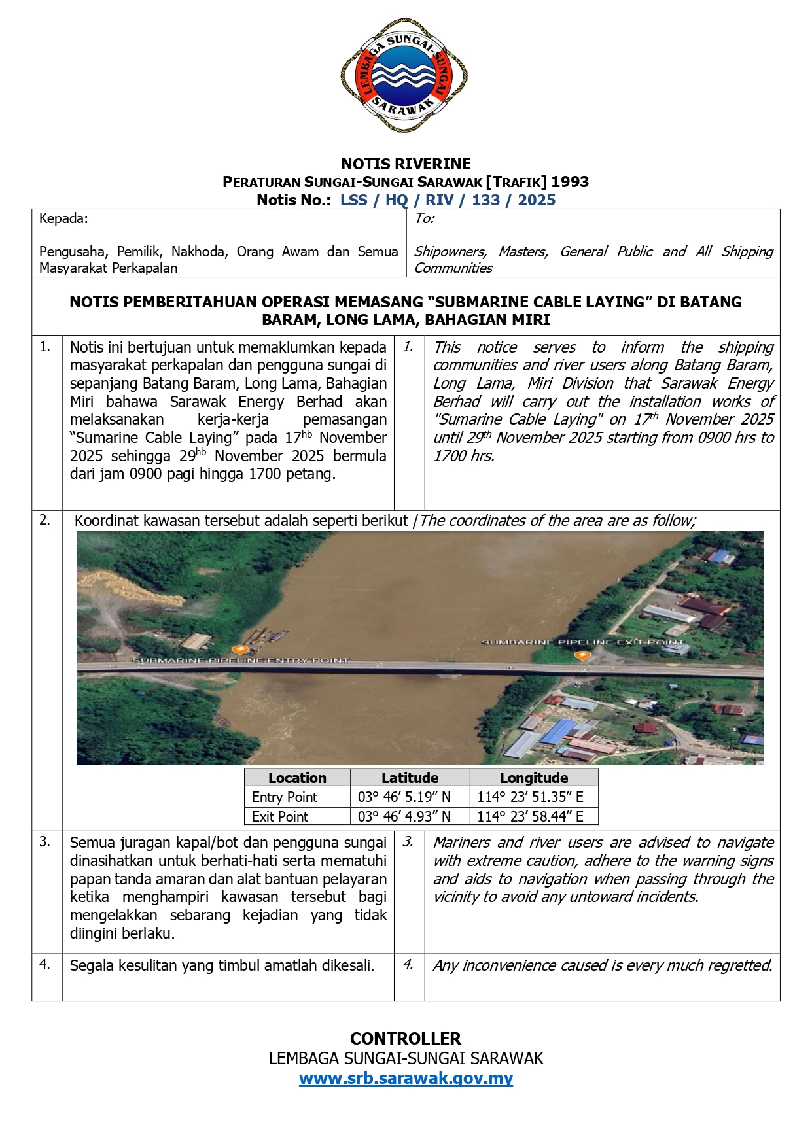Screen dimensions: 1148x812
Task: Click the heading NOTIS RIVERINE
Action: pos(406,164)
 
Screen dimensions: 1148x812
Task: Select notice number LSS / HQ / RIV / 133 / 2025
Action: pos(448,200)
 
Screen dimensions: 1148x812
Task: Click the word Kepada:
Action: pos(63,218)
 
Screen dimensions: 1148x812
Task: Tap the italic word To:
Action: pos(424,218)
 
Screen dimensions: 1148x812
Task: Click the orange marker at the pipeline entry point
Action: pos(241,650)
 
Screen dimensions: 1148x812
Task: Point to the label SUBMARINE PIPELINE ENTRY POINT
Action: pos(241,661)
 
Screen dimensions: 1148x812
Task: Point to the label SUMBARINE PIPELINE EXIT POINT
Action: pos(582,642)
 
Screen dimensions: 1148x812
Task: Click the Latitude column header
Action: pos(410,778)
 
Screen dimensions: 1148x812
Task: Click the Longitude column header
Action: pos(534,778)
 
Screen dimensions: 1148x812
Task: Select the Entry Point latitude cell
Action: pos(404,797)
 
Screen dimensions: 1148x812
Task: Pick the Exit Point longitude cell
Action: pos(530,816)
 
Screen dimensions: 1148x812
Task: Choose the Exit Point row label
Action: pos(280,816)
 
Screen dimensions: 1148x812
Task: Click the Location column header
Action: pos(297,778)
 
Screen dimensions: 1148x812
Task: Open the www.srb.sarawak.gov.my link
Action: pos(406,1078)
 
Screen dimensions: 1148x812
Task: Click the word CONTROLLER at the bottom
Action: pos(406,1039)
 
